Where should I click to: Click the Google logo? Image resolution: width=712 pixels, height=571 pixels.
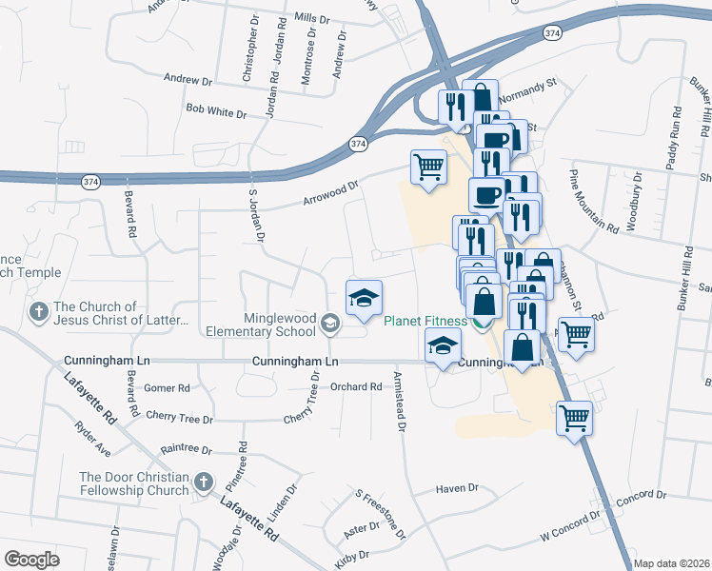31,560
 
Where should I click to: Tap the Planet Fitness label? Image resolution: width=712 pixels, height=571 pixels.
425,321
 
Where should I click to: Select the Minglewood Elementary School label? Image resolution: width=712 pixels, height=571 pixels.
261,324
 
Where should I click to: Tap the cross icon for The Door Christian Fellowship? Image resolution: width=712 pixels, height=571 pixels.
202,483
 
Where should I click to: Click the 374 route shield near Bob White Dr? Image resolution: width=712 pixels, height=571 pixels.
357,144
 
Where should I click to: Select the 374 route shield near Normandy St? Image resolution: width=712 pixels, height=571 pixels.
553,33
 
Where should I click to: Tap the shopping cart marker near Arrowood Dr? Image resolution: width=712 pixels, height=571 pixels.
428,167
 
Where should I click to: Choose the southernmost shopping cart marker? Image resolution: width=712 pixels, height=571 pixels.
574,417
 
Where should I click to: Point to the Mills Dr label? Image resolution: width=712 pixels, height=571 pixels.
311,18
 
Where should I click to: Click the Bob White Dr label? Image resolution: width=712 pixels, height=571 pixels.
216,112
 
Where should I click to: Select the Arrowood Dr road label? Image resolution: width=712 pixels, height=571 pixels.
330,194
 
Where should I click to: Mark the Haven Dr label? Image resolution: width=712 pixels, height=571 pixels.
457,488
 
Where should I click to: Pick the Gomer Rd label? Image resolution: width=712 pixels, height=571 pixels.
168,388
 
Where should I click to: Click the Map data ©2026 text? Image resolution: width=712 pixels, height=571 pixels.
671,563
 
